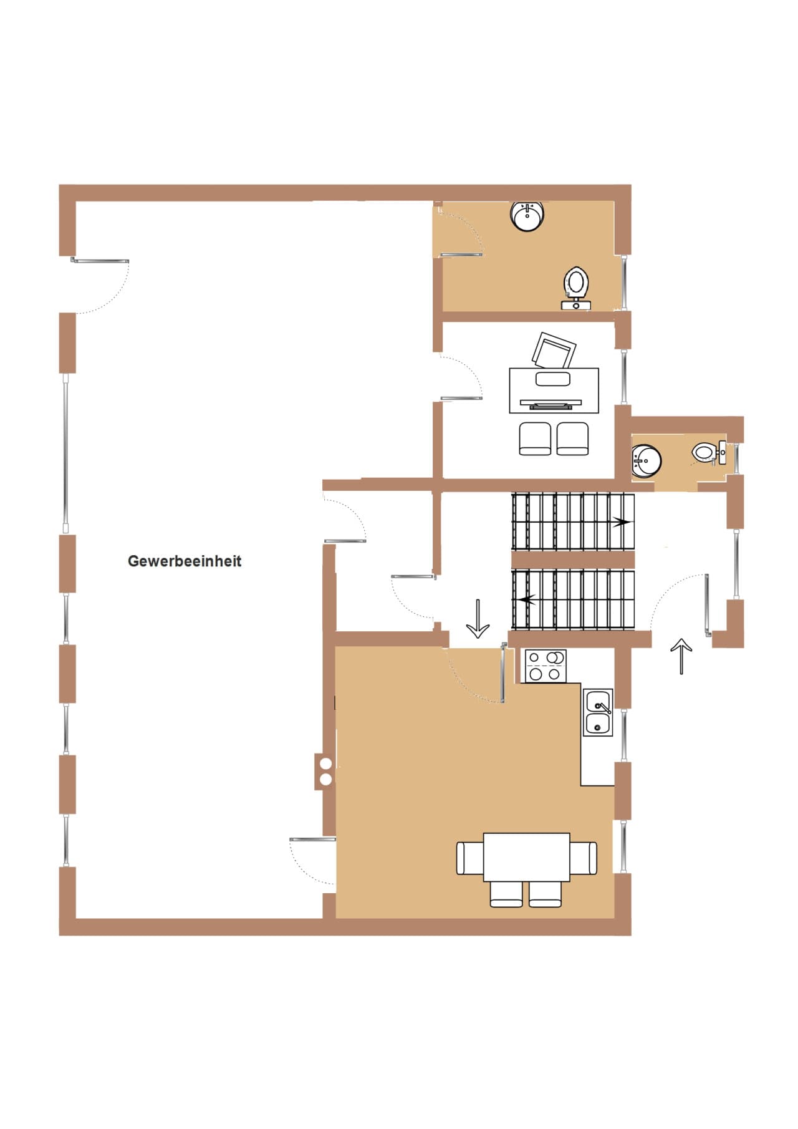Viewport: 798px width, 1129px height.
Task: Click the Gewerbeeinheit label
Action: click(x=185, y=561)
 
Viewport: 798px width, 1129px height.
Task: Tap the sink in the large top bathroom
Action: click(x=527, y=216)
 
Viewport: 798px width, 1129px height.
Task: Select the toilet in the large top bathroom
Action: click(x=576, y=288)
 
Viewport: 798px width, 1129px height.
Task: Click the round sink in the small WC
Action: click(x=646, y=462)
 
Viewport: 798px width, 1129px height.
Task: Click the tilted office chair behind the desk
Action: click(x=553, y=351)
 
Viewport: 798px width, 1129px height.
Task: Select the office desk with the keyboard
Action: click(x=554, y=390)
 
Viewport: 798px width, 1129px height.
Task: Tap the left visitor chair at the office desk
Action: click(x=535, y=439)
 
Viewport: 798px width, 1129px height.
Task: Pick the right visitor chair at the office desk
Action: click(x=572, y=439)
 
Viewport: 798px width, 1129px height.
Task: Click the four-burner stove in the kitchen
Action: click(x=546, y=666)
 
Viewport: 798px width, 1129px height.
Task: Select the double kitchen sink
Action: click(x=598, y=712)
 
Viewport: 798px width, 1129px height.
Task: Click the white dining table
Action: click(x=527, y=857)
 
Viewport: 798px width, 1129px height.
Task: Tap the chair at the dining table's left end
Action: click(x=470, y=858)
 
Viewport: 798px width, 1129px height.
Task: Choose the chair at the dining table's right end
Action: click(x=584, y=858)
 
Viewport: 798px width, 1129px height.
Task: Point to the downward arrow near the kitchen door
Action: click(x=478, y=619)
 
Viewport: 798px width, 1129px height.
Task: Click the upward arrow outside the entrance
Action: click(x=681, y=656)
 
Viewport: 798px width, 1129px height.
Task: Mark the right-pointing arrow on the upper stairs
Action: click(x=621, y=522)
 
